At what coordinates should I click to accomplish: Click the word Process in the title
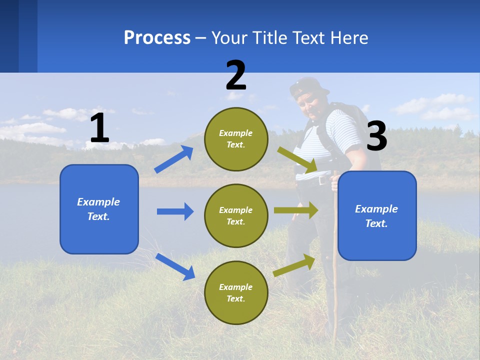(157, 37)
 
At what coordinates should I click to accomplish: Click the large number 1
(99, 128)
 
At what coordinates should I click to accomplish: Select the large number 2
(236, 75)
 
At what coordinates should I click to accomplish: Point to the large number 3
(376, 136)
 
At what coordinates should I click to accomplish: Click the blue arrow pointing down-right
(175, 266)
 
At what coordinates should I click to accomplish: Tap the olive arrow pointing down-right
(297, 160)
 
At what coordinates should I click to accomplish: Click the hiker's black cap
(308, 87)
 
